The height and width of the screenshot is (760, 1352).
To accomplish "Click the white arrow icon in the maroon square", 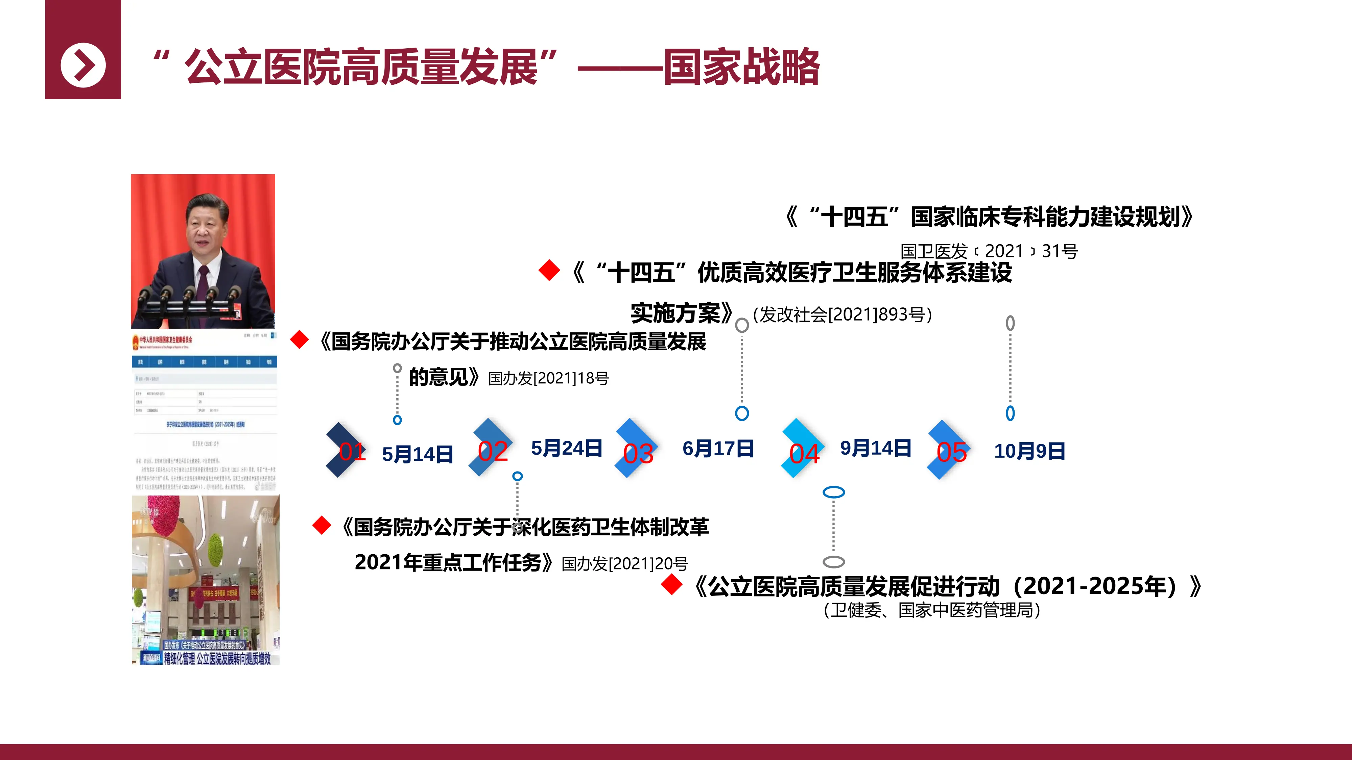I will (x=83, y=66).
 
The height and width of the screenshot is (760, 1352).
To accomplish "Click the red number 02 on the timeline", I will (x=493, y=451).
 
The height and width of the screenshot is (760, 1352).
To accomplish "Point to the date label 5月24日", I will (x=566, y=449).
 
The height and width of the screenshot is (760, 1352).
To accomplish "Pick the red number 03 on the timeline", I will (x=638, y=454).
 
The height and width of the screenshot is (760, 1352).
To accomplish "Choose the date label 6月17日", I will (x=718, y=449).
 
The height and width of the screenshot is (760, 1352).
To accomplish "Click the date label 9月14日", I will (x=875, y=449).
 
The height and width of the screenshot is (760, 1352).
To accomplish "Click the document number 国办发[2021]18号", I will (x=548, y=378).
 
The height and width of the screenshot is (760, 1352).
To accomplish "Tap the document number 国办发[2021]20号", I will (x=624, y=564).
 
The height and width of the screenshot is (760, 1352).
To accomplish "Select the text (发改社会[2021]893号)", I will (x=842, y=315).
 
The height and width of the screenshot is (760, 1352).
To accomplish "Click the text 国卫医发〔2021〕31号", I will (x=989, y=251).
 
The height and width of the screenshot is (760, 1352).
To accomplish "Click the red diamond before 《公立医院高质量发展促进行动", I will (x=672, y=585).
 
